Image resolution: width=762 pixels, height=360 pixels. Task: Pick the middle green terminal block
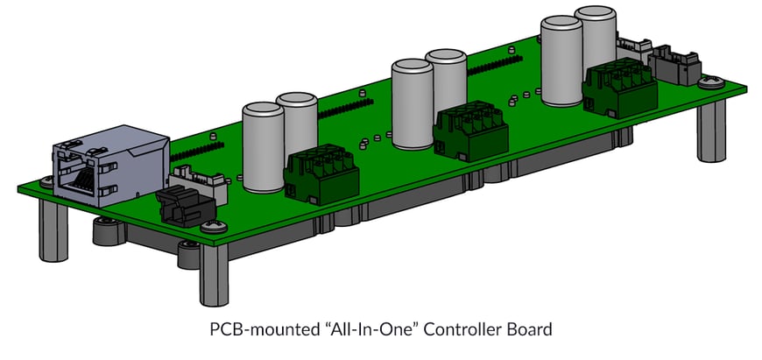click(x=470, y=129)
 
